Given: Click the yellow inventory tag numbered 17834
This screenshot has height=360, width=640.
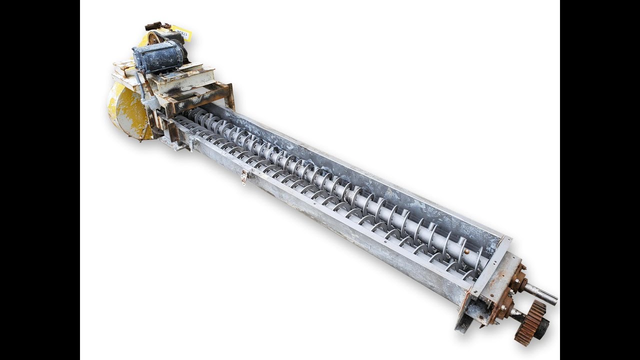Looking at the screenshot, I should click(x=183, y=33).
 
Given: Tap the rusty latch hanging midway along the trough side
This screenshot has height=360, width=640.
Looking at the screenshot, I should click(x=244, y=177).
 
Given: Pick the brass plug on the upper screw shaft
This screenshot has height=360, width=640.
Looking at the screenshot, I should click(x=466, y=251).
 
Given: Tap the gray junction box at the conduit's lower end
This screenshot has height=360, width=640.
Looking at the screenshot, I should click(x=150, y=102).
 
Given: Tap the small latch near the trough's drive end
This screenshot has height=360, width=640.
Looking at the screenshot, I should click(x=190, y=144).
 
